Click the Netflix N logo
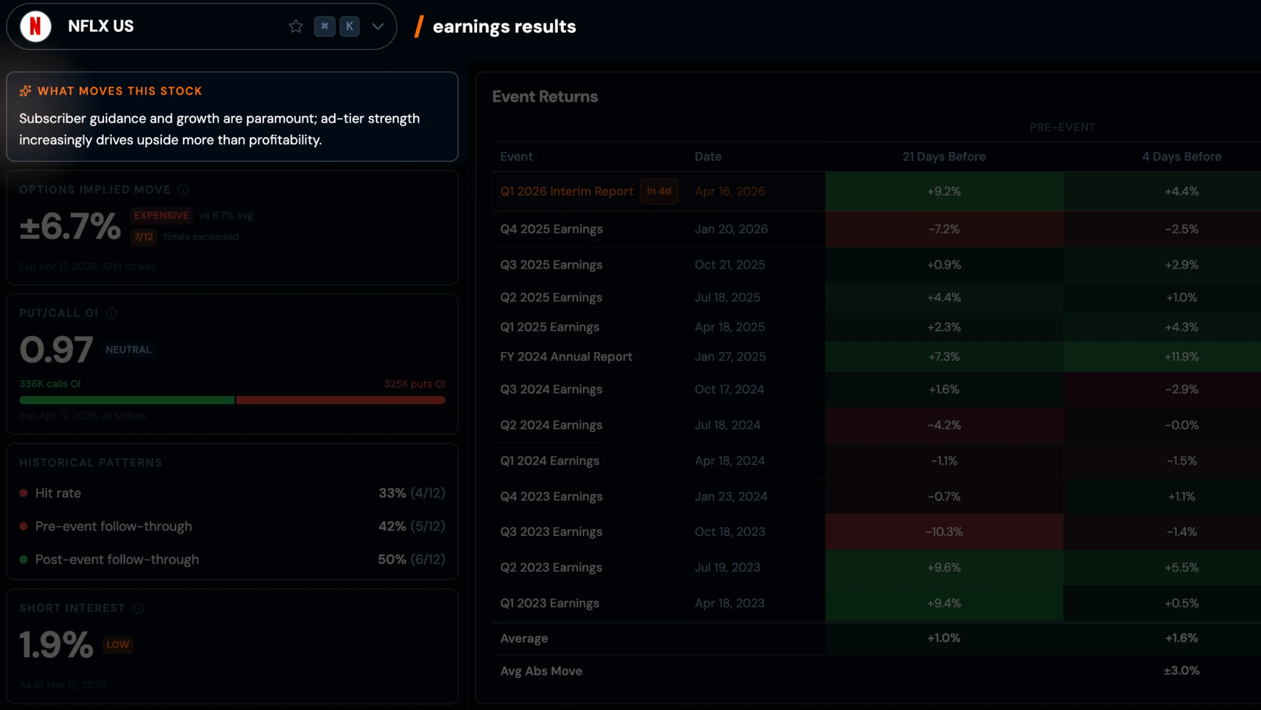(x=35, y=26)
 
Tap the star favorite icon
(x=295, y=26)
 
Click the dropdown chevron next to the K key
(x=377, y=26)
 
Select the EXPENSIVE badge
(x=161, y=215)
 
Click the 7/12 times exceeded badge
(x=143, y=237)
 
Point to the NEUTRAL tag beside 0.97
(x=128, y=350)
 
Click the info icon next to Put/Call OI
(x=112, y=313)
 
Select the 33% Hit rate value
(x=392, y=493)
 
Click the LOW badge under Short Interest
(x=118, y=644)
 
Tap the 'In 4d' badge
(x=659, y=191)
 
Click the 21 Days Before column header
(x=944, y=157)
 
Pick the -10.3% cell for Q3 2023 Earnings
(x=944, y=532)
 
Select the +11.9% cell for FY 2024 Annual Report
(x=1181, y=357)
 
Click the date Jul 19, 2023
(x=728, y=568)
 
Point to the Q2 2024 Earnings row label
(x=551, y=425)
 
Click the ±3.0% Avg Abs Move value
(x=1181, y=671)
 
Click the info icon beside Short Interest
(x=139, y=608)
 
